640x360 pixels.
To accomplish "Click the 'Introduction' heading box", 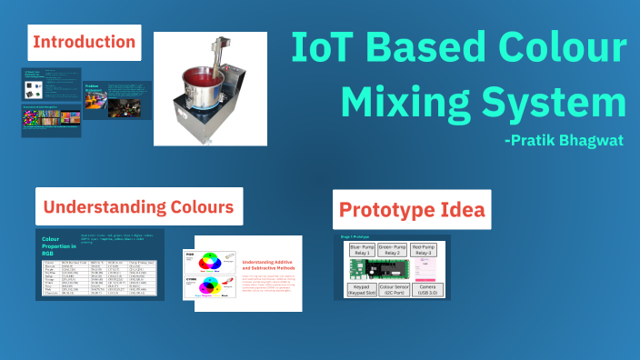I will pyautogui.click(x=85, y=42).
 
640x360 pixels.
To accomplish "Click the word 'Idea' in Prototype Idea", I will pyautogui.click(x=456, y=211).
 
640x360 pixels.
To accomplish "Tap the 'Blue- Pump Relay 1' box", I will pyautogui.click(x=363, y=249).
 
